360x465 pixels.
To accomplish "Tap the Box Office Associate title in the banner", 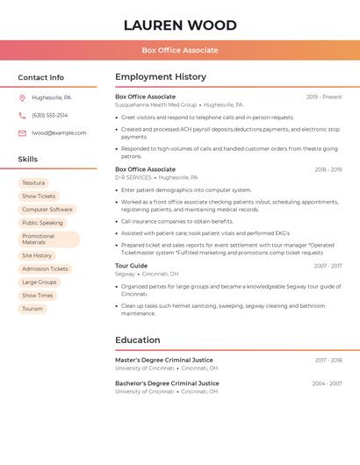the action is coord(180,50).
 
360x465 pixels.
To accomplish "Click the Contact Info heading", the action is coord(41,77).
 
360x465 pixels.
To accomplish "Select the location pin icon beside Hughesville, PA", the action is coord(22,97).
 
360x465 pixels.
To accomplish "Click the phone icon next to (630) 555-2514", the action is coord(22,115).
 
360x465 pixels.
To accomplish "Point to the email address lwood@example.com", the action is coord(59,132).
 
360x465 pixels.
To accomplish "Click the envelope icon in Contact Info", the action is coord(22,132).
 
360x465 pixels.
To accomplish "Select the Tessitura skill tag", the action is coord(33,182).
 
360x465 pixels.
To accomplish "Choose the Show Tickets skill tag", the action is coord(39,197).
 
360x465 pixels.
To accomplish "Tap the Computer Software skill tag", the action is coord(47,210).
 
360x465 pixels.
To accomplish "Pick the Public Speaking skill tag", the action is coord(42,223).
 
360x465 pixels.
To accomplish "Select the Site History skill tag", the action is coord(37,255).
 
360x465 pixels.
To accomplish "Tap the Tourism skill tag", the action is coord(32,309).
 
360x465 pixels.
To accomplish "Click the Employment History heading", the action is coord(161,77).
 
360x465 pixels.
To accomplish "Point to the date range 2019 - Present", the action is coord(324,97).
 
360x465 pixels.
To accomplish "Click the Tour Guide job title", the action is coord(132,265).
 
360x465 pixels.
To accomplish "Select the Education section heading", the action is coord(138,340).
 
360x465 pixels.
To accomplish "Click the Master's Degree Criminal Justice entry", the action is coord(164,360).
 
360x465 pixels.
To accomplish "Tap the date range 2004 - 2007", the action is coord(327,383).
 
